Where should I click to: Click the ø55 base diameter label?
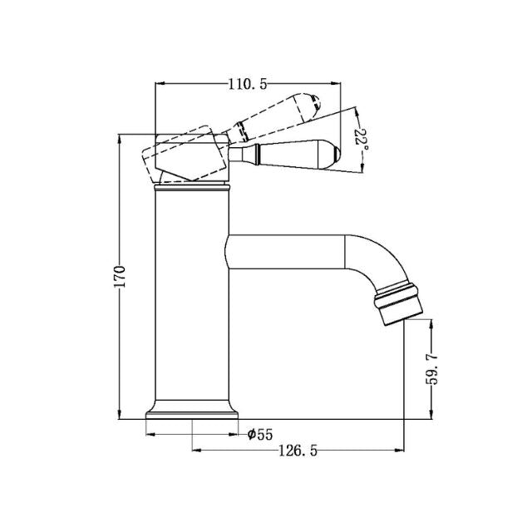pyautogui.click(x=260, y=433)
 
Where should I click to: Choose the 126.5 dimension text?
pyautogui.click(x=297, y=450)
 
